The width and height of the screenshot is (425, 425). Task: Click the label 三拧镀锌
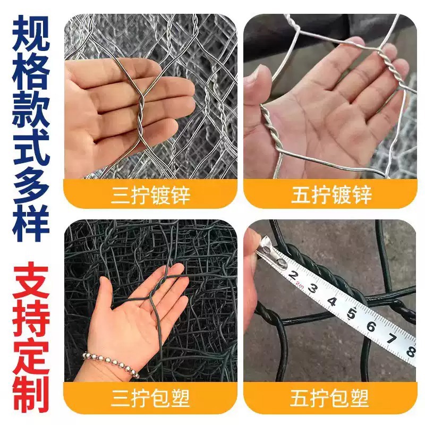coord(150,194)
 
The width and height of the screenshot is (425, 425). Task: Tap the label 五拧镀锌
coord(331,194)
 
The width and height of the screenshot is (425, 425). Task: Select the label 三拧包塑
coord(150,397)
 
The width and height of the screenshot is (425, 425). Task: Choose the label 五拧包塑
coord(331,397)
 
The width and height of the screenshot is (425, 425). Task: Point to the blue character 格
coord(31,71)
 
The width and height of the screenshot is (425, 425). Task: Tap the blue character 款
coord(31,109)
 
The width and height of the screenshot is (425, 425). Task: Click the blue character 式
coord(31,147)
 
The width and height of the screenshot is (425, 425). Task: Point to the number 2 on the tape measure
coord(293,275)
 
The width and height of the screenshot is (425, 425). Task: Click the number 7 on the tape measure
coord(391,338)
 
